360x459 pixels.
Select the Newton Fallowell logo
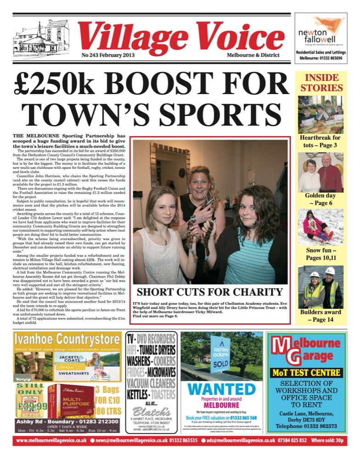[321, 32]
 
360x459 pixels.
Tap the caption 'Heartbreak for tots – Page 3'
[321, 141]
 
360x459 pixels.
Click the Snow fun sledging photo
[321, 227]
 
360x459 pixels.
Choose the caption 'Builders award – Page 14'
[321, 316]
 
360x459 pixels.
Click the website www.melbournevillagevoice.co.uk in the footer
[51, 441]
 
